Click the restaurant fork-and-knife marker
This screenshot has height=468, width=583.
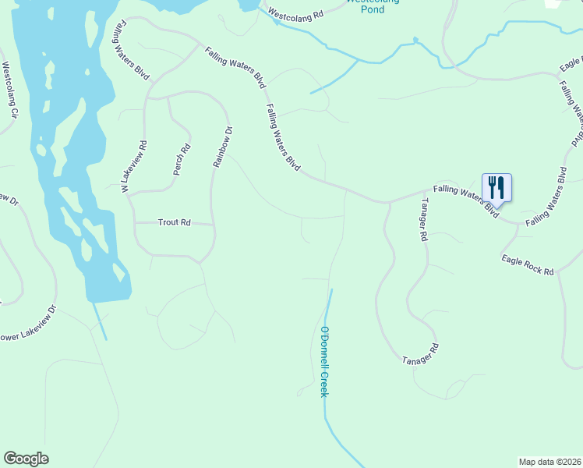(496, 187)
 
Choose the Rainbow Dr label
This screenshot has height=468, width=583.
(223, 147)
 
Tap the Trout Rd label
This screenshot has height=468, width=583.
(175, 222)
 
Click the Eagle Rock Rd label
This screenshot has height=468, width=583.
(528, 265)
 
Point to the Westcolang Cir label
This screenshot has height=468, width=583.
(9, 90)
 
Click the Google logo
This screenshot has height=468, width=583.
(26, 459)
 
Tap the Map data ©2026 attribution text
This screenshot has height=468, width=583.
(549, 462)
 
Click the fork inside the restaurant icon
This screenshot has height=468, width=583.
(492, 186)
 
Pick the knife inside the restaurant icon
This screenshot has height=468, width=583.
(501, 186)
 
